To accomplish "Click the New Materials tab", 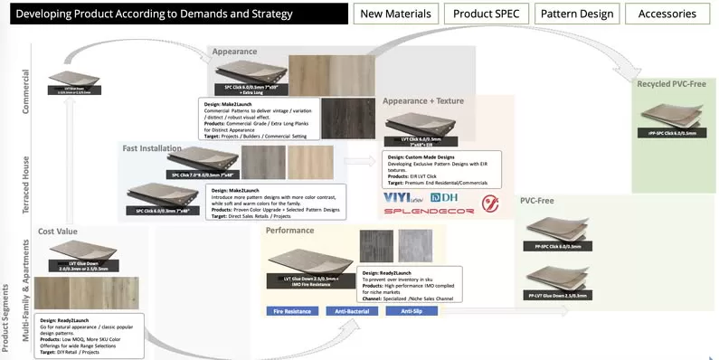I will pyautogui.click(x=395, y=14).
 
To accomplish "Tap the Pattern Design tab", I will pyautogui.click(x=575, y=14).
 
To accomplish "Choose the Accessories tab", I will pyautogui.click(x=667, y=14).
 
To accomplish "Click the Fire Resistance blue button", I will pyautogui.click(x=292, y=311).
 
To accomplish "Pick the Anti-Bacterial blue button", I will pyautogui.click(x=354, y=311).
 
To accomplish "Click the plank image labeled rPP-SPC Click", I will pyautogui.click(x=672, y=118).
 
